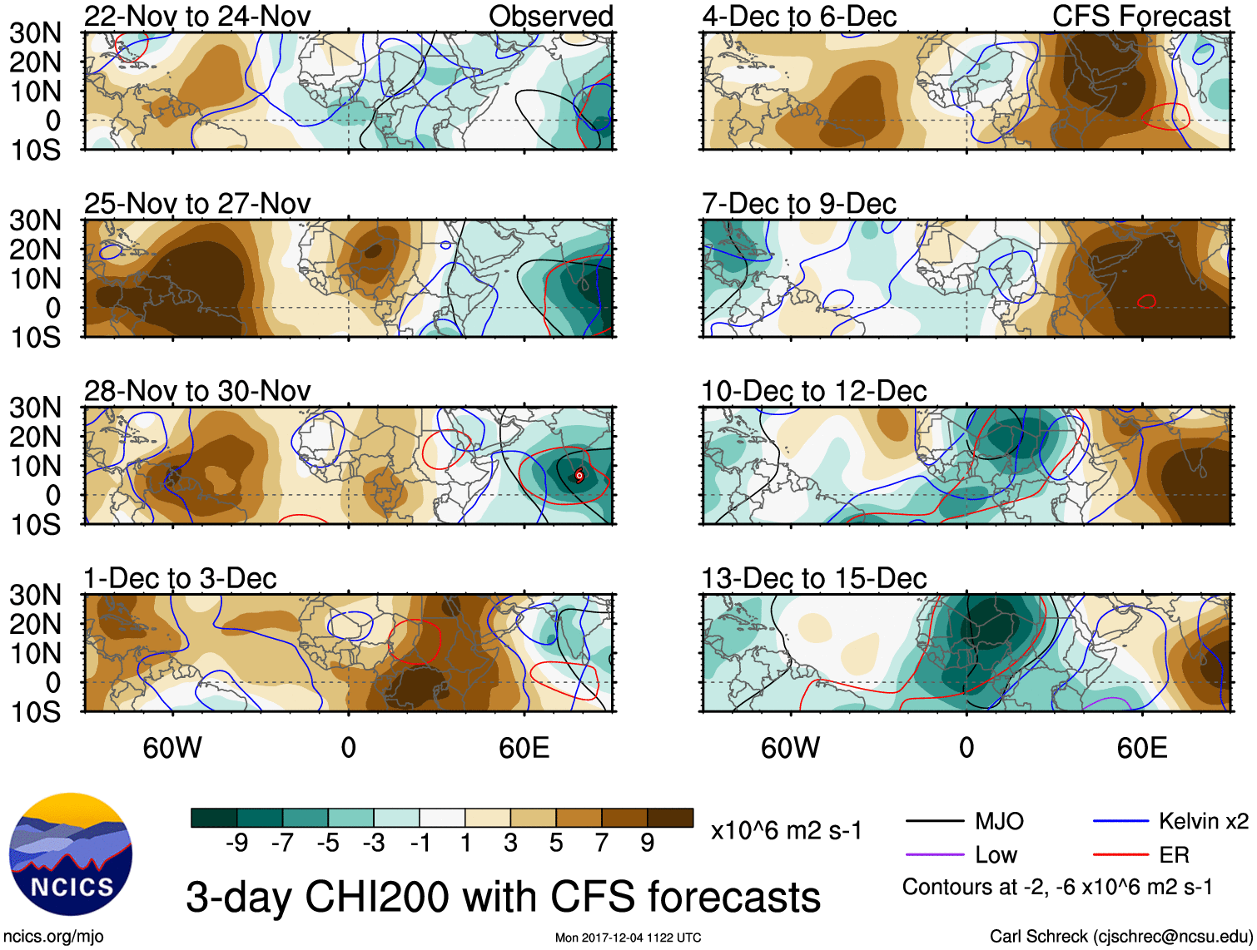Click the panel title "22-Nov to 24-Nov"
[x=197, y=16]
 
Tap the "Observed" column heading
[x=550, y=16]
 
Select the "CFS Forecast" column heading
[x=1140, y=16]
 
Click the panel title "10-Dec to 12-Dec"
[x=813, y=390]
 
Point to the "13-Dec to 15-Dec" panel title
[x=813, y=577]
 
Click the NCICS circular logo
[x=71, y=854]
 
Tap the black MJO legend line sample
[x=935, y=822]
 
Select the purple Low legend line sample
[x=935, y=854]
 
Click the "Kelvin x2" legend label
[x=1203, y=822]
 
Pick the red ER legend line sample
[x=1120, y=854]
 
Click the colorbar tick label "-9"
[x=237, y=844]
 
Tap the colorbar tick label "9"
[x=647, y=844]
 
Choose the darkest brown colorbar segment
[x=670, y=818]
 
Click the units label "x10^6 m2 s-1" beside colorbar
[x=786, y=830]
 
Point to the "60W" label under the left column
[x=172, y=748]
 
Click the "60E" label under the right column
[x=1141, y=748]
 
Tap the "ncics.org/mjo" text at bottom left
[x=54, y=937]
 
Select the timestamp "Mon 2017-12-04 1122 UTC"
[x=628, y=938]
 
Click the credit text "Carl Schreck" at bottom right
[x=1038, y=937]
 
